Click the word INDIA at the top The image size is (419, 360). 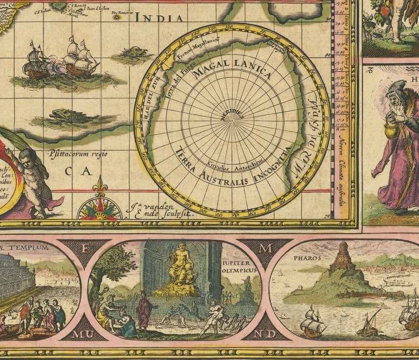pos(159,18)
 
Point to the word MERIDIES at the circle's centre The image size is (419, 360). pos(232,116)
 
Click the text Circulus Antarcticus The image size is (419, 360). pos(231,163)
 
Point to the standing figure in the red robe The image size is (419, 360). pos(144,310)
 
